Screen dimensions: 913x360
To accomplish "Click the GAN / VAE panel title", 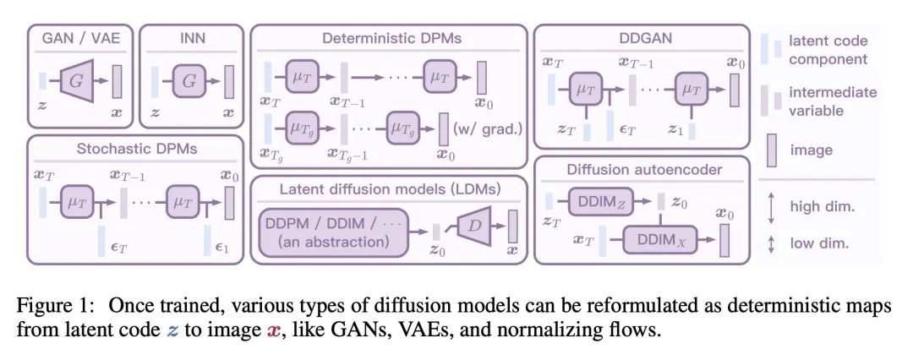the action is coord(81,38).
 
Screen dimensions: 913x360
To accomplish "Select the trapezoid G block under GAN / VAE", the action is coord(76,80).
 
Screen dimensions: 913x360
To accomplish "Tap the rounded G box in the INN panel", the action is coord(189,81).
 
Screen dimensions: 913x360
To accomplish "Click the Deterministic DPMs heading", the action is coord(392,38).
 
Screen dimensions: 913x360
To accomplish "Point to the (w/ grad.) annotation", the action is coord(486,128).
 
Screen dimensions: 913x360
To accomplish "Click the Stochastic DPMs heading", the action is coord(137,149).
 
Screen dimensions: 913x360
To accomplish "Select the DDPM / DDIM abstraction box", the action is coord(333,232).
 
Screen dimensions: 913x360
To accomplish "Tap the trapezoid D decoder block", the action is coord(476,226).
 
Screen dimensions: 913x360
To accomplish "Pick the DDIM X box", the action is coord(659,239).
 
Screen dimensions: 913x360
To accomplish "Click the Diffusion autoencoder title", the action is coord(644,170).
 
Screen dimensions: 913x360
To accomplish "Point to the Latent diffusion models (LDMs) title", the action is coord(390,189).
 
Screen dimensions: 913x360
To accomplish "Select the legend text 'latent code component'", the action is coord(828,50).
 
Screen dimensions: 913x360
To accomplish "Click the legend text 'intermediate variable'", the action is coord(833,101).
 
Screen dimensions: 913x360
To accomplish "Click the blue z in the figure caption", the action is coord(173,330).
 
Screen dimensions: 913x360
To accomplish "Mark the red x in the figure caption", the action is coord(271,330).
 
